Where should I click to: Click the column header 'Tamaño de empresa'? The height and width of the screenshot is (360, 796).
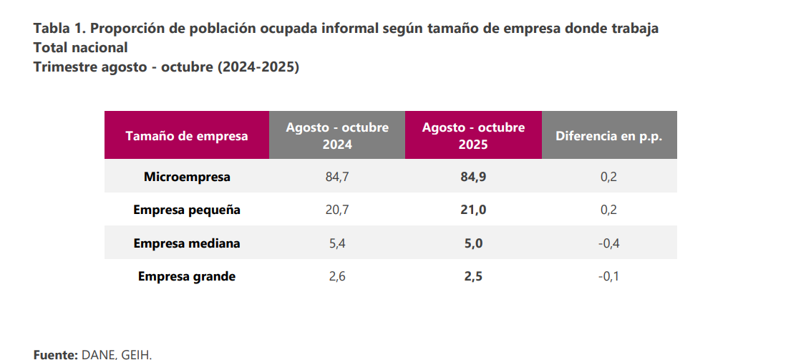[x=187, y=136]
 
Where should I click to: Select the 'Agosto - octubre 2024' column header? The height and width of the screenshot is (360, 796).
[x=337, y=135]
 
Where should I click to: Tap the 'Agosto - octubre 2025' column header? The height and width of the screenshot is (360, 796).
[x=473, y=135]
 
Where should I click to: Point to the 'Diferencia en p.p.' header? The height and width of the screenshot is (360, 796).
[x=608, y=136]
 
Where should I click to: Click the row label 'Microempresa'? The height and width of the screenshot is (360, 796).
[x=187, y=177]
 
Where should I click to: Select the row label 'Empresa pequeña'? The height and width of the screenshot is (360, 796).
[x=187, y=210]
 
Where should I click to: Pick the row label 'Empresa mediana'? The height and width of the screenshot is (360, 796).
[x=187, y=243]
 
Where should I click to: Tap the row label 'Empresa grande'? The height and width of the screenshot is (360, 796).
[x=187, y=276]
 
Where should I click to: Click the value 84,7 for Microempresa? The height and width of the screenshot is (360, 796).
[x=337, y=177]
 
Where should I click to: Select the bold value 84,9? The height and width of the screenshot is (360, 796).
[x=473, y=177]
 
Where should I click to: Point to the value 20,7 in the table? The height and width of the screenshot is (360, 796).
[x=337, y=210]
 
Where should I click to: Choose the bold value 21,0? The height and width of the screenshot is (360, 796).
[x=473, y=210]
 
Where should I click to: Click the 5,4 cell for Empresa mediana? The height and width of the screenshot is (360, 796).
[x=337, y=243]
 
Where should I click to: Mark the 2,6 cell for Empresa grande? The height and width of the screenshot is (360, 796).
[x=337, y=276]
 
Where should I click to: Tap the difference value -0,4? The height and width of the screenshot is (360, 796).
[x=608, y=243]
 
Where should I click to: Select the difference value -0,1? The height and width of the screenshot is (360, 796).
[x=608, y=276]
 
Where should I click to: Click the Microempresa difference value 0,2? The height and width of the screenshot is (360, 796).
[x=608, y=177]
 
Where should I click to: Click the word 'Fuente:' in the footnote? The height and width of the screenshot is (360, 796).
[x=55, y=354]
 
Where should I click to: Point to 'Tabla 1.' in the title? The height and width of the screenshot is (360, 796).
[x=59, y=29]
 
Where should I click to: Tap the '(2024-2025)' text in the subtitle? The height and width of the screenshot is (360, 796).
[x=258, y=67]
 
